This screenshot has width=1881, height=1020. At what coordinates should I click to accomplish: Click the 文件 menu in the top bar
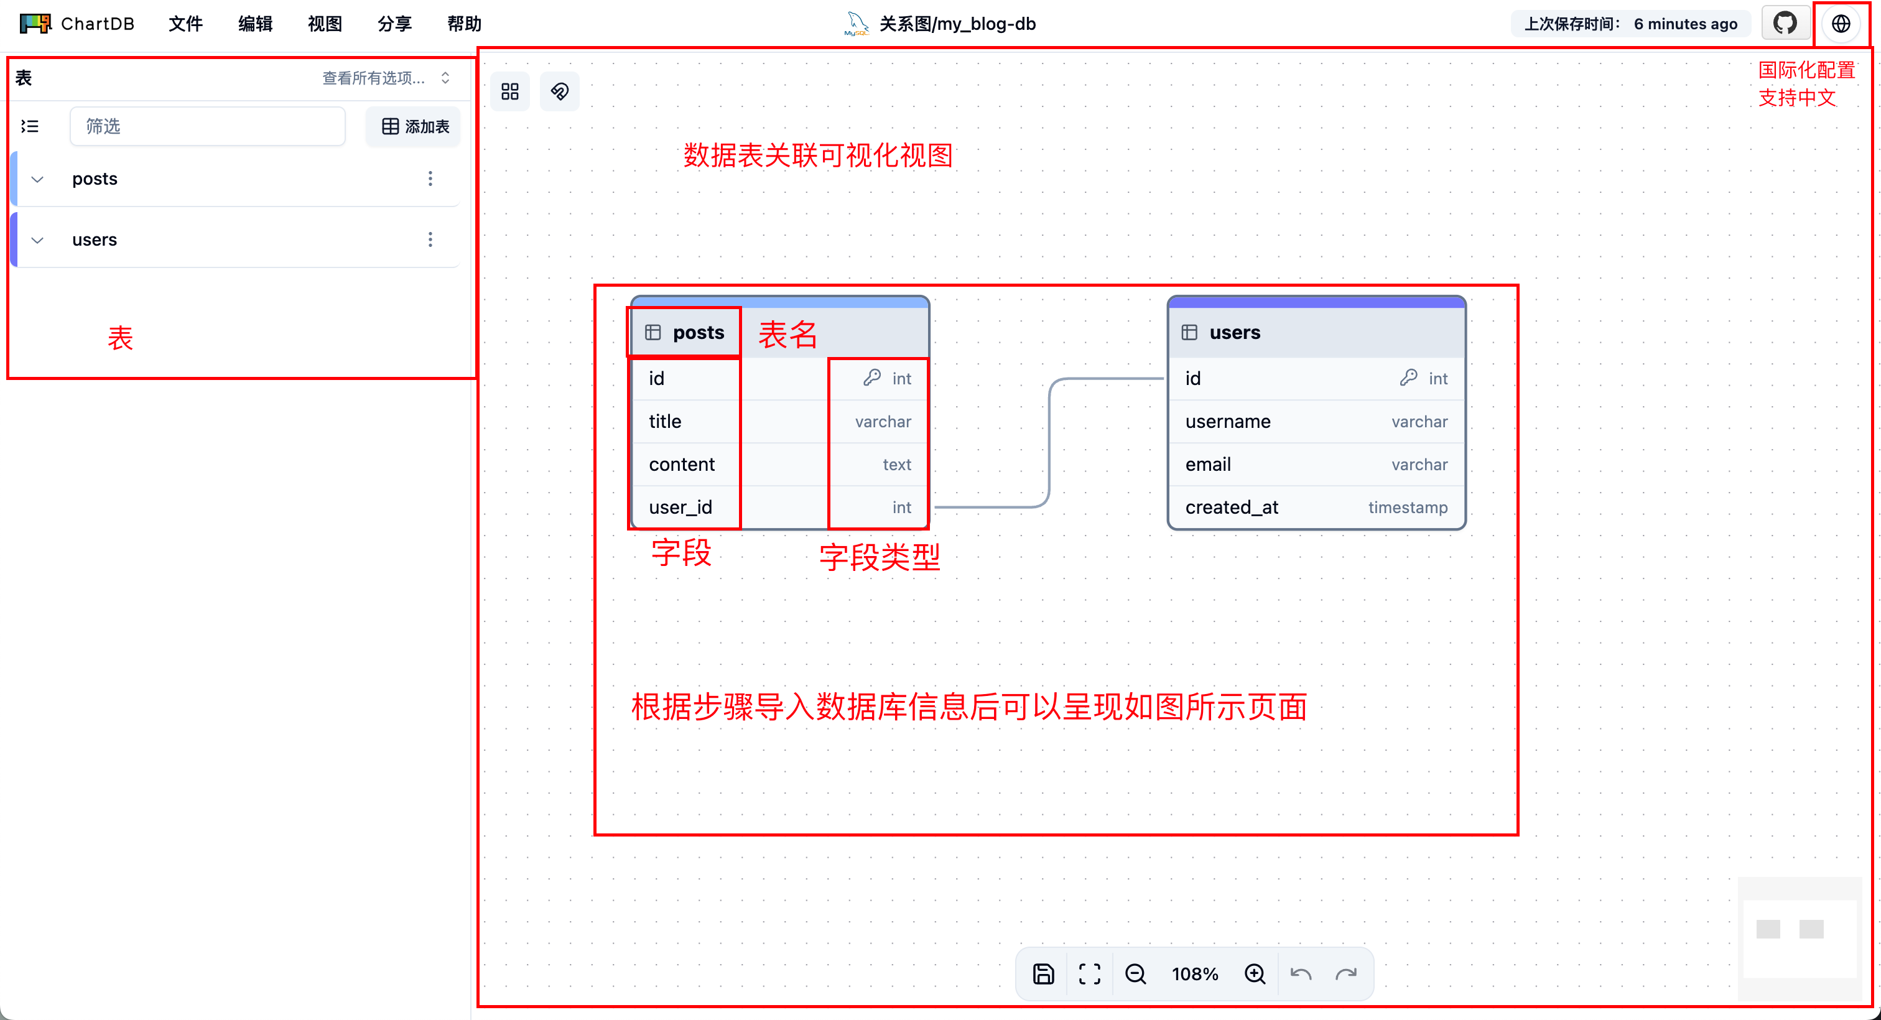click(x=185, y=24)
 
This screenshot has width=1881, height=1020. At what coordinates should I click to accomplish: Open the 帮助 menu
click(x=465, y=24)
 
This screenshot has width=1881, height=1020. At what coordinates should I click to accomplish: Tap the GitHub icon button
click(x=1785, y=24)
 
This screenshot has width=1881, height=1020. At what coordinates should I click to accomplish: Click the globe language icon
click(x=1841, y=24)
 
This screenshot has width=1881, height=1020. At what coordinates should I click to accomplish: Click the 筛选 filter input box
click(x=207, y=126)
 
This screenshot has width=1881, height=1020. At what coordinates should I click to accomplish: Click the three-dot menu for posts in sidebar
click(x=430, y=179)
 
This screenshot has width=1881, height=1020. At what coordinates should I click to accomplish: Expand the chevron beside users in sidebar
click(x=37, y=240)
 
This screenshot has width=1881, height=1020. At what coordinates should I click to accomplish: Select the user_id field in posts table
click(x=680, y=508)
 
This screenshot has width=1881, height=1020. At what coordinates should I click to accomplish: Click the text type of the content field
click(x=897, y=465)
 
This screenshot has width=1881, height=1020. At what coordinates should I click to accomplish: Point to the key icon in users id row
click(x=1408, y=378)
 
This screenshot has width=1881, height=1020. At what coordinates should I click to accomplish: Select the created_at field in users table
click(x=1232, y=508)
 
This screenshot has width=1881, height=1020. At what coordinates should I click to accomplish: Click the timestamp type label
click(x=1408, y=508)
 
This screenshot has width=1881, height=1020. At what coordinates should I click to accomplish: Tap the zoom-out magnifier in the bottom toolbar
click(x=1135, y=974)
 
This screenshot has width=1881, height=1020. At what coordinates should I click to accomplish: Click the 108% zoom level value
click(x=1195, y=974)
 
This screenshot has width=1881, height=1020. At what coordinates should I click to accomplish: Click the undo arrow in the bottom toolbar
click(x=1301, y=974)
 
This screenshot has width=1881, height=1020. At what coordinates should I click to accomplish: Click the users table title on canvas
click(x=1235, y=332)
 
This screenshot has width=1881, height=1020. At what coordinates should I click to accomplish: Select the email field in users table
click(x=1208, y=465)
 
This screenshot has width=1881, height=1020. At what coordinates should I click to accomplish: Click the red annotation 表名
click(x=787, y=335)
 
